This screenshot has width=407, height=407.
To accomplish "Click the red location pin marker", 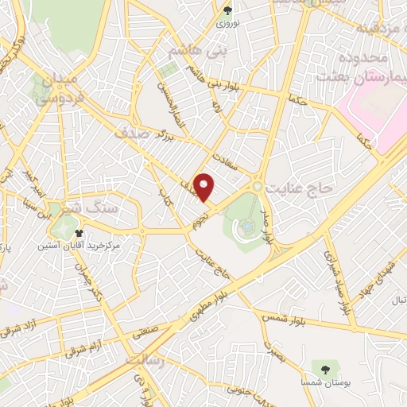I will [205, 187].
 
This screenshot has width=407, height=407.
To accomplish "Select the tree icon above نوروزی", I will [228, 10].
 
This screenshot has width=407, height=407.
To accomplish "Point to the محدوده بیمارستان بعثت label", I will [361, 68].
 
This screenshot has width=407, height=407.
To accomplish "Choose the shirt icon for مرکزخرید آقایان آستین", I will [79, 233].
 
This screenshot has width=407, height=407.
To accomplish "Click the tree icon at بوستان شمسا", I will [324, 366].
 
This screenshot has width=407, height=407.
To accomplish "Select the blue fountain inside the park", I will [247, 227].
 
